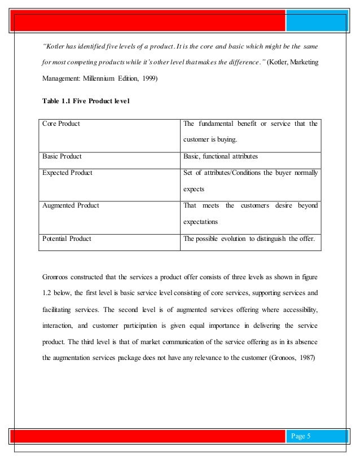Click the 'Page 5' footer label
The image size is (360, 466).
(x=302, y=435)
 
